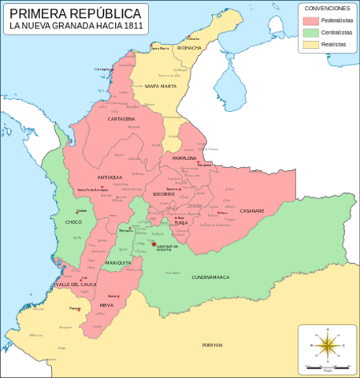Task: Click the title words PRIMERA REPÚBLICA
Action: point(76,14)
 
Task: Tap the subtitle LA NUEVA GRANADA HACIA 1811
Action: point(76,28)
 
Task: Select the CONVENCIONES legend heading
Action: point(327,7)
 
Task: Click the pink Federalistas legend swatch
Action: point(310,20)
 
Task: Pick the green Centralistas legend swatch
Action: point(310,32)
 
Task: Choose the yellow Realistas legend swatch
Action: point(310,45)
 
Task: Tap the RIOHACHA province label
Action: point(189,47)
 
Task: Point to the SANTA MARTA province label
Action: point(160,85)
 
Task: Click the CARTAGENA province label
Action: point(122,119)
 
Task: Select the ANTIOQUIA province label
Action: point(110,177)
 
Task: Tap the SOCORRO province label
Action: point(164,194)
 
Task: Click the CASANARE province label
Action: point(252,210)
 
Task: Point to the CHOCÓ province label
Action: point(74,223)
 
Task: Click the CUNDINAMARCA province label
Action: point(210,278)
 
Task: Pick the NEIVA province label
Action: point(107,305)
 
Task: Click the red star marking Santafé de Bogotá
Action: point(154,245)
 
